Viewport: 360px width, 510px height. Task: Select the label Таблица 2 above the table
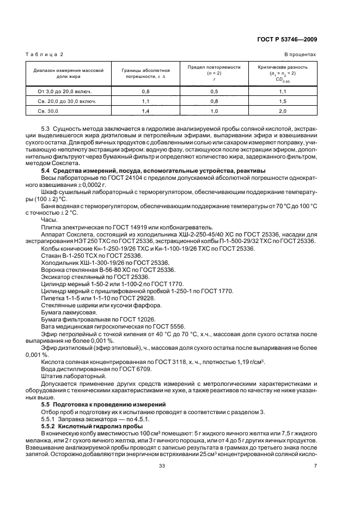[x=46, y=55]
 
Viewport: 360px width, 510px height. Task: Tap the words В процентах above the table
[x=300, y=55]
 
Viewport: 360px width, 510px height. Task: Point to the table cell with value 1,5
[x=282, y=101]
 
